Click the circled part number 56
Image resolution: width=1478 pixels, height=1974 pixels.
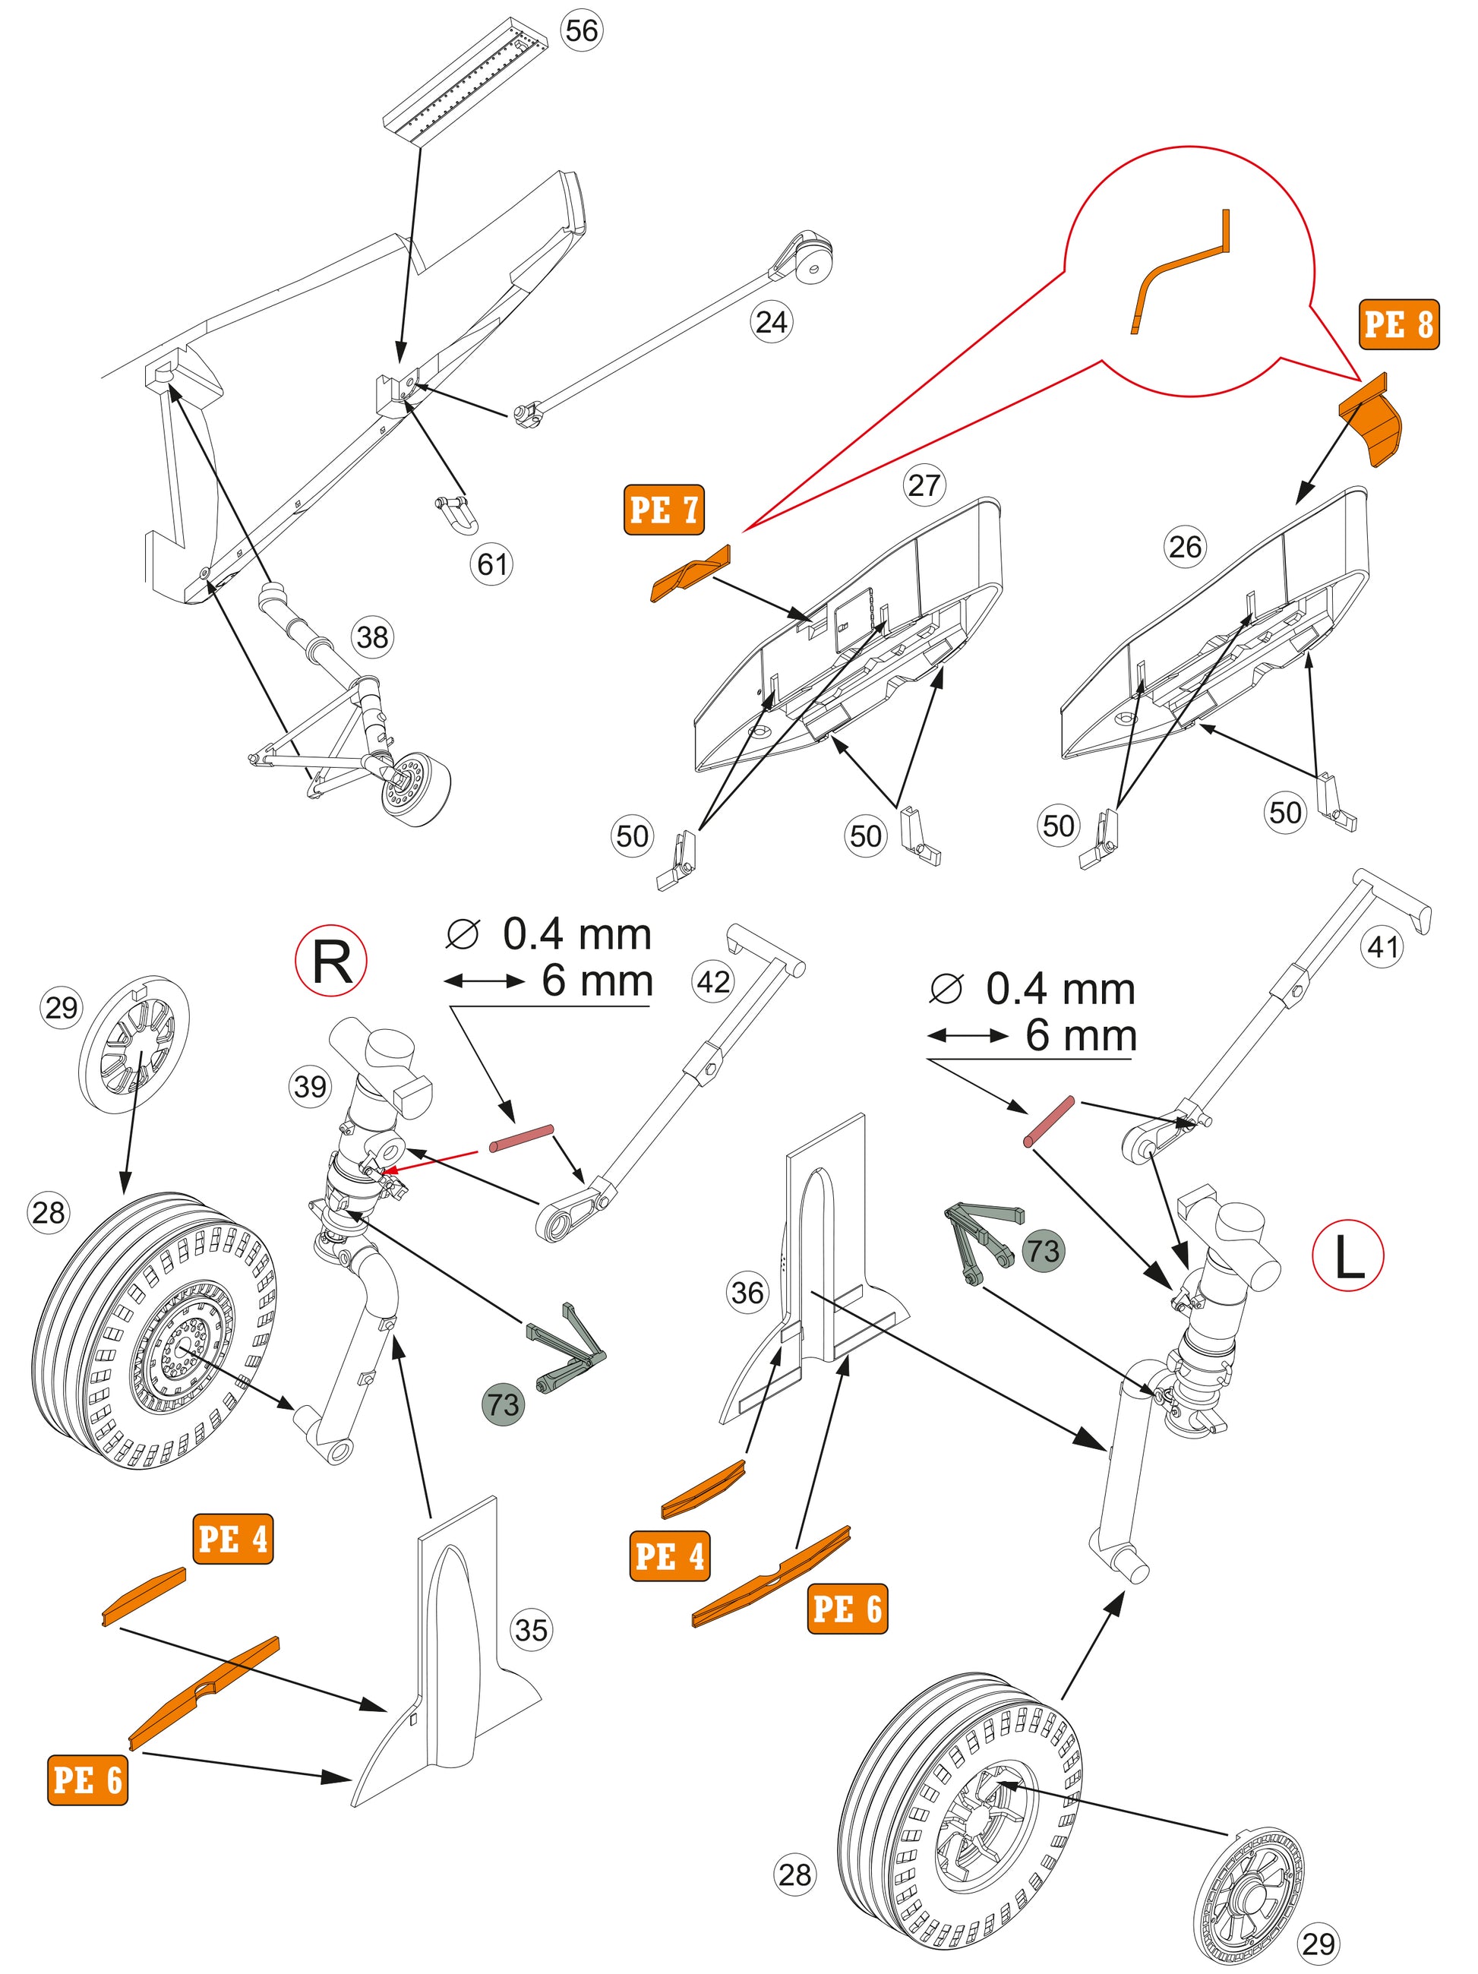581,31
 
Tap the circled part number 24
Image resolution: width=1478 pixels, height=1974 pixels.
771,321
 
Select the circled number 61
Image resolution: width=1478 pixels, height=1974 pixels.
491,564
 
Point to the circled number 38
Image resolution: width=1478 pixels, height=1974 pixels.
372,637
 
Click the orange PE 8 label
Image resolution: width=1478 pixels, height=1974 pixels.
1398,324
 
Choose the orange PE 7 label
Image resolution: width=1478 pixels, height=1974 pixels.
663,510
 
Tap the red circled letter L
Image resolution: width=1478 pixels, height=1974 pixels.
1347,1256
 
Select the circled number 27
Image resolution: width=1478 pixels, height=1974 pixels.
924,485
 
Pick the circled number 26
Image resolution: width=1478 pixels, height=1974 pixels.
1184,547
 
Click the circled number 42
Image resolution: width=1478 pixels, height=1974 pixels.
712,981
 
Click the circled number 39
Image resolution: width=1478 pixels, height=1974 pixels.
310,1086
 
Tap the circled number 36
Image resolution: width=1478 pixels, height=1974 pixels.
747,1292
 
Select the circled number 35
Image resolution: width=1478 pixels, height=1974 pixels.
530,1631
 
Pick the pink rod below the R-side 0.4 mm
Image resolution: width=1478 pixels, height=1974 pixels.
522,1138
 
